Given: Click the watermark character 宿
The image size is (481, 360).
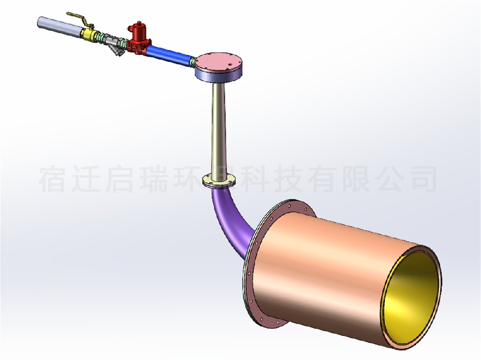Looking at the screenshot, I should [52, 179].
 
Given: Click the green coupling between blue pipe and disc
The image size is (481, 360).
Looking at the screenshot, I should [192, 61].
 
